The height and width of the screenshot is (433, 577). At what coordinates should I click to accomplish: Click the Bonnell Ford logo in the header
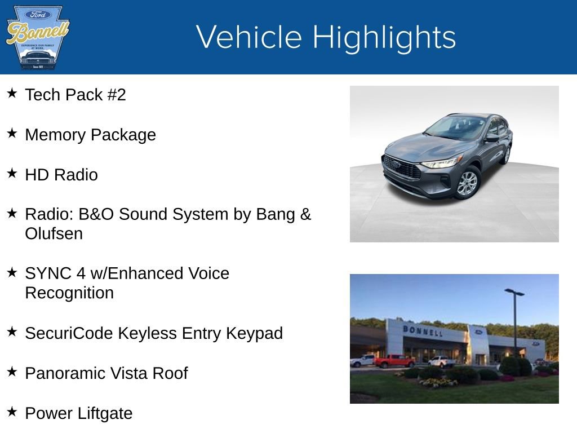coord(37,37)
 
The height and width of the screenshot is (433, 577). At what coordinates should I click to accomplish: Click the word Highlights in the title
coord(384,37)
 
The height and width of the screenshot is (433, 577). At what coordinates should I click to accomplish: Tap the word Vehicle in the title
coord(248,37)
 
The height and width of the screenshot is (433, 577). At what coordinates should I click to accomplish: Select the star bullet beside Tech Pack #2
coord(12,93)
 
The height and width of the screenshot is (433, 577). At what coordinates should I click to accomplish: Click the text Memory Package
coord(90,135)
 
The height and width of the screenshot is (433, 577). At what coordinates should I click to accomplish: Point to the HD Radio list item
coord(61,175)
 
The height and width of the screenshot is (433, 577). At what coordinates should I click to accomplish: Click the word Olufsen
coord(54,233)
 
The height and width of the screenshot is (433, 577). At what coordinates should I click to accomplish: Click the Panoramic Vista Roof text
coord(106,373)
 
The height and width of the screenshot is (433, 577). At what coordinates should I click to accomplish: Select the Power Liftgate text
coord(78,413)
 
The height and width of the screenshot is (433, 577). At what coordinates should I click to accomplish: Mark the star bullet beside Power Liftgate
coord(12,412)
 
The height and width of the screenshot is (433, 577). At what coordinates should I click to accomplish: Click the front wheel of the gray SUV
coord(467,183)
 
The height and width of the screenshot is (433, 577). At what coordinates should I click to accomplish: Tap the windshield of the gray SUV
coord(456,127)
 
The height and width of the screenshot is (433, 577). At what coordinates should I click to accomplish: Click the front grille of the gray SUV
coord(401,167)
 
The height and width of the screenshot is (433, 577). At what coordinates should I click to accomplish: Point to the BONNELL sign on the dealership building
coord(423,331)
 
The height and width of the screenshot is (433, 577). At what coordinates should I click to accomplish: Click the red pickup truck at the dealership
coord(394,361)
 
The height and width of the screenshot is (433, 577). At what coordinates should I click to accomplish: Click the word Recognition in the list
coord(69,293)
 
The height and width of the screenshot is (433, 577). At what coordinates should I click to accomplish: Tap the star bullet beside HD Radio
coord(12,173)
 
